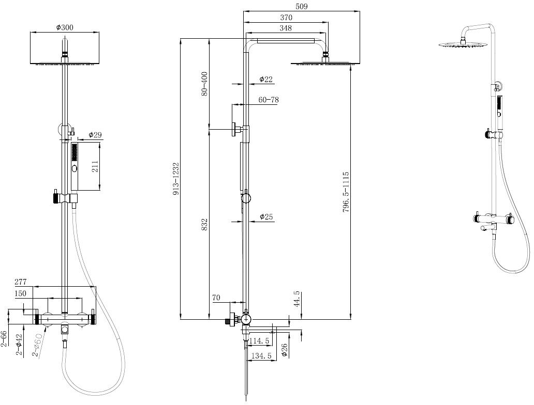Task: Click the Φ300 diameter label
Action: point(64,27)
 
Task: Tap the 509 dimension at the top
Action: point(301,7)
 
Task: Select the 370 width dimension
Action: point(286,18)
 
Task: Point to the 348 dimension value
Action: point(286,28)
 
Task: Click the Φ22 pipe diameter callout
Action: point(265,80)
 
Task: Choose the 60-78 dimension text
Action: point(269,100)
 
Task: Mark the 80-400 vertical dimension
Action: point(204,84)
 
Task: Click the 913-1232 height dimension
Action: point(176,179)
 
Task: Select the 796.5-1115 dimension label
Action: point(346,192)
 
